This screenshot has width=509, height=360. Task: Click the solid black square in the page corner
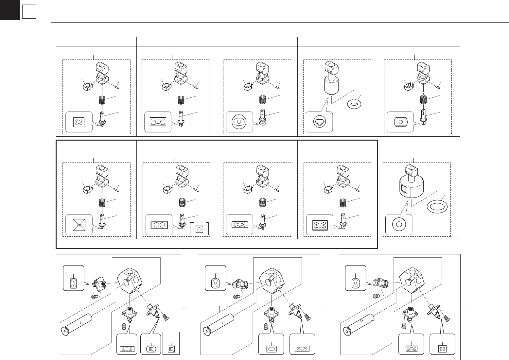click(10, 10)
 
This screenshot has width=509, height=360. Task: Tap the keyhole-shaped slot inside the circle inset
click(319, 122)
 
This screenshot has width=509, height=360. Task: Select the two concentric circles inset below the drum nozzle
click(399, 225)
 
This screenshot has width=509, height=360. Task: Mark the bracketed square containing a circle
click(199, 229)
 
